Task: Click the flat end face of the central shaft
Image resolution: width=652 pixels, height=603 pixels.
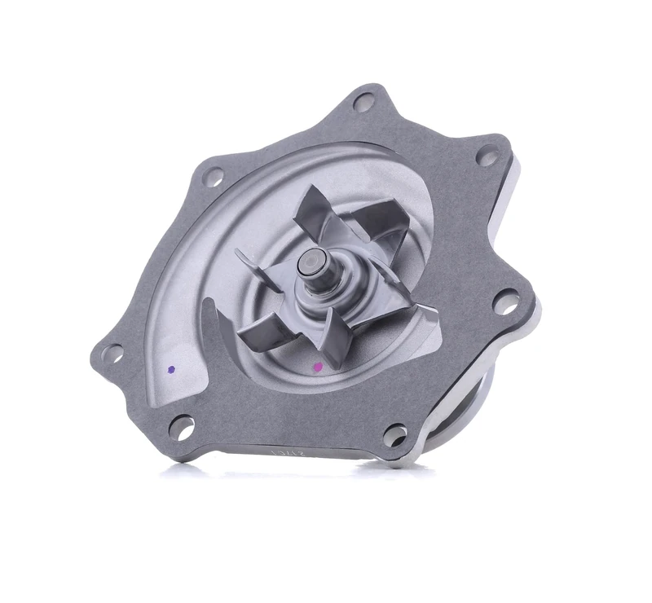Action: pos(311,262)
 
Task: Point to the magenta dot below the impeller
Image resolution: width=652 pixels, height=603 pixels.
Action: pos(318,368)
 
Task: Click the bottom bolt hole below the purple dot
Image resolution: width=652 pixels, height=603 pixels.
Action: pos(182,425)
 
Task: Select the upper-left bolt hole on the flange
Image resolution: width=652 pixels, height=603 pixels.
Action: pos(214,174)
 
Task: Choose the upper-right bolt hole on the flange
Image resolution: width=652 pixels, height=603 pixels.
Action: pos(487,155)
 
